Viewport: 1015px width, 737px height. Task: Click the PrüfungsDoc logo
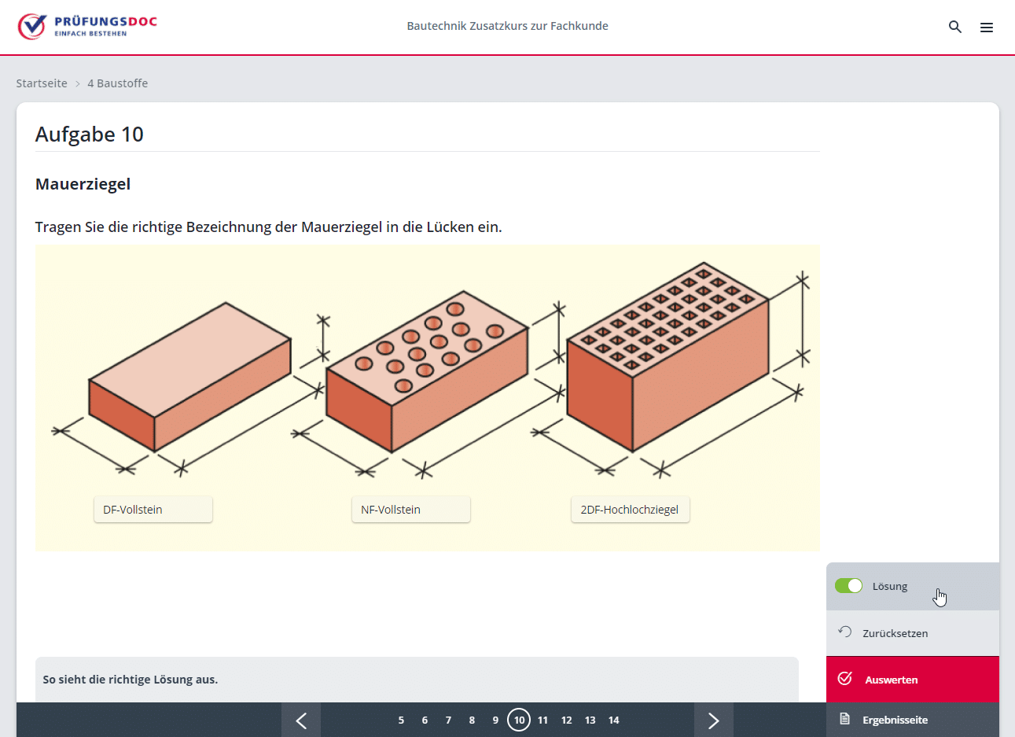pyautogui.click(x=87, y=27)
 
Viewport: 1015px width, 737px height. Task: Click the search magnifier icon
pyautogui.click(x=954, y=27)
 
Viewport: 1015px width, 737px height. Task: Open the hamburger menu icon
pyautogui.click(x=986, y=28)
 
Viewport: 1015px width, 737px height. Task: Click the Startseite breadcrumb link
pyautogui.click(x=42, y=83)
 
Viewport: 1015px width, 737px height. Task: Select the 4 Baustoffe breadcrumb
pyautogui.click(x=117, y=83)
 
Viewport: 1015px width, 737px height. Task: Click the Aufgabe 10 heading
pyautogui.click(x=90, y=135)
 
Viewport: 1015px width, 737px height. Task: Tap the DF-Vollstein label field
pyautogui.click(x=153, y=510)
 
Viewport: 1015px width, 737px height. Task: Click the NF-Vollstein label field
pyautogui.click(x=410, y=510)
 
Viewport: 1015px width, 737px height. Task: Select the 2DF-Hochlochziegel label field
pyautogui.click(x=630, y=510)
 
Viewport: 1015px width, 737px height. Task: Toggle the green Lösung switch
pyautogui.click(x=848, y=586)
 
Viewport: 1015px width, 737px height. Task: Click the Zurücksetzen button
pyautogui.click(x=895, y=633)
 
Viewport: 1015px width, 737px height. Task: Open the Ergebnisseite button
pyautogui.click(x=895, y=720)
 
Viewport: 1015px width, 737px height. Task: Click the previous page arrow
pyautogui.click(x=301, y=720)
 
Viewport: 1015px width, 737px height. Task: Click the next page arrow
pyautogui.click(x=713, y=720)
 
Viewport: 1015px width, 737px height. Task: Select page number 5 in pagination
pyautogui.click(x=401, y=720)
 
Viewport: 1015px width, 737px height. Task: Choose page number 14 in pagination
pyautogui.click(x=614, y=720)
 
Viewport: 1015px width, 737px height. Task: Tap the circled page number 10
pyautogui.click(x=519, y=720)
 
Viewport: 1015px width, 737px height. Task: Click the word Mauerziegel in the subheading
pyautogui.click(x=83, y=184)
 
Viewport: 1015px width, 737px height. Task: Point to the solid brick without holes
pyautogui.click(x=189, y=378)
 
